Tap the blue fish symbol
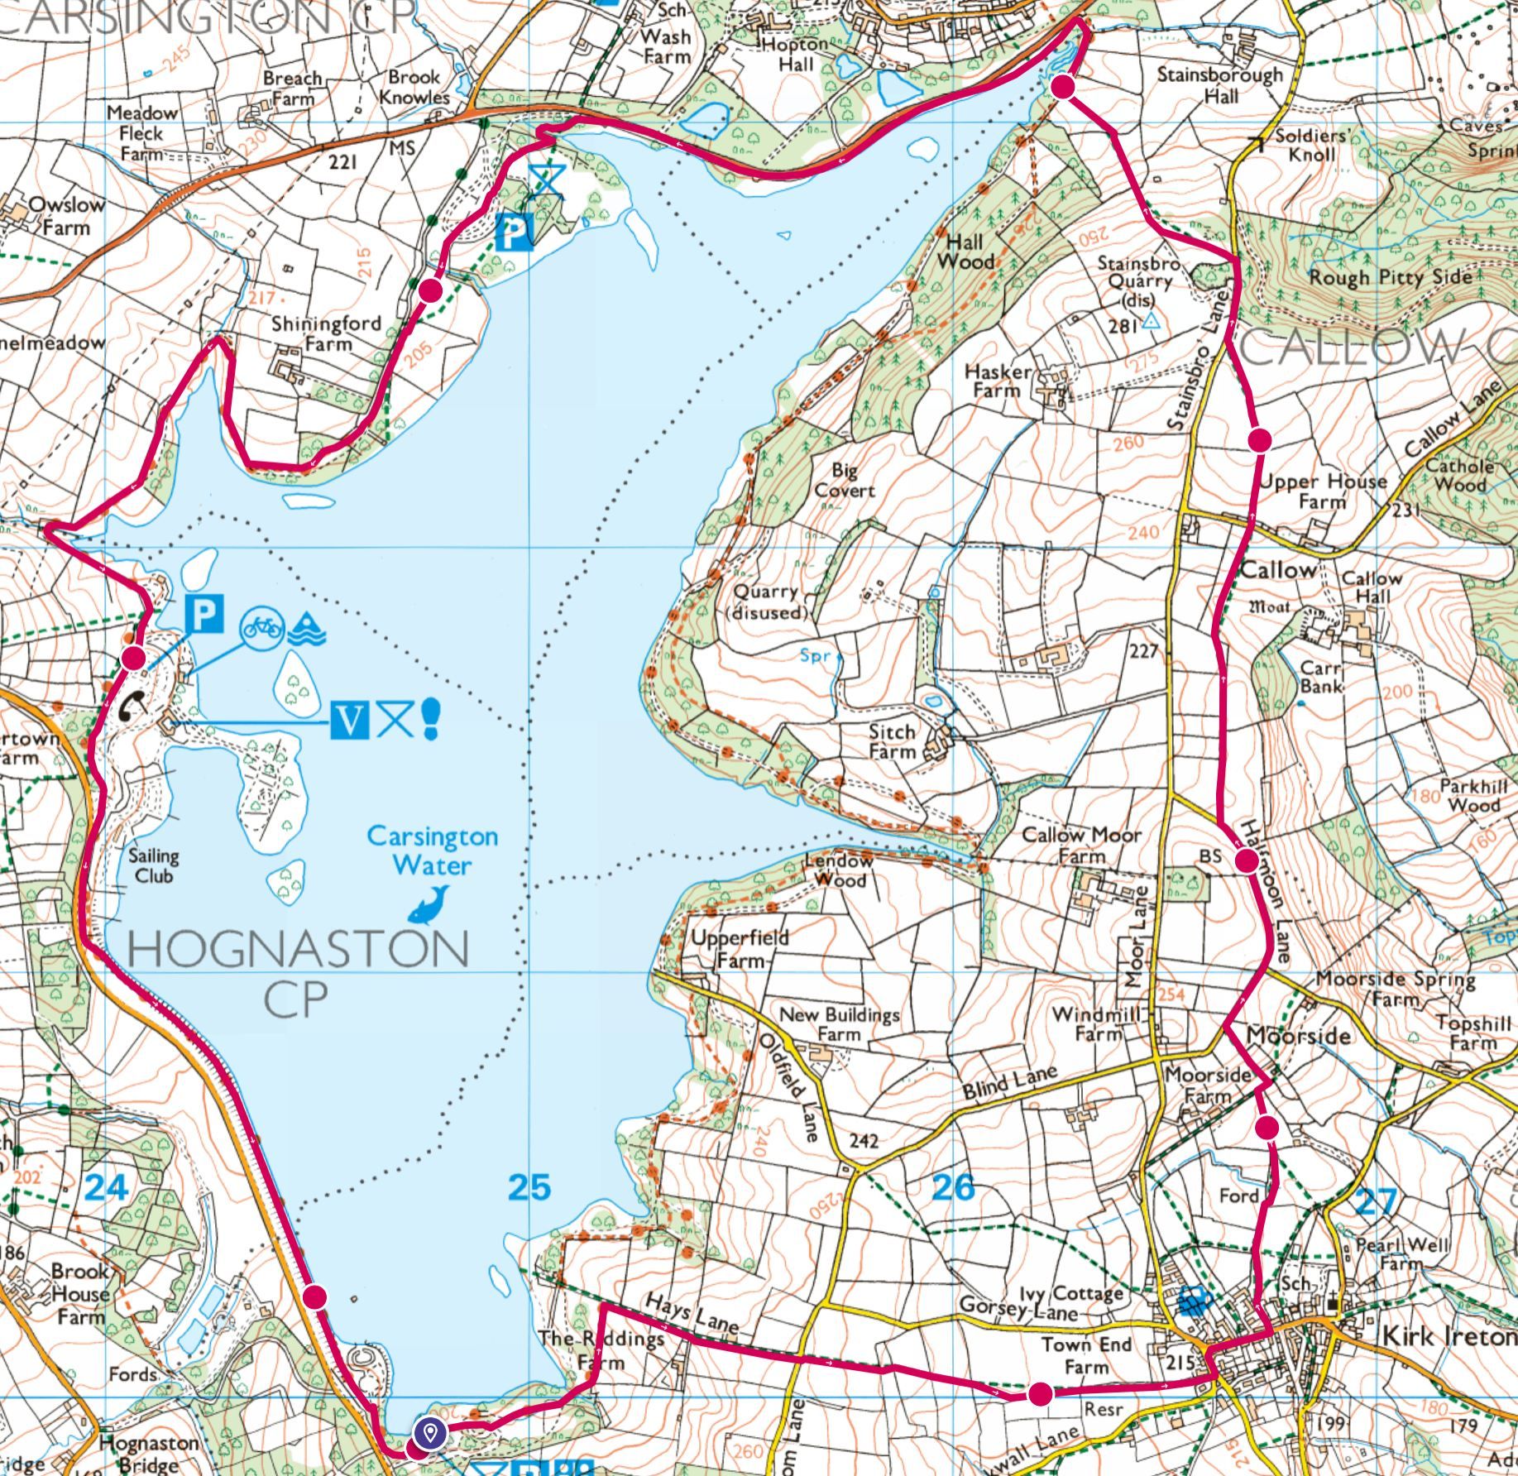click(429, 903)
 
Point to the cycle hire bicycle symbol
click(262, 628)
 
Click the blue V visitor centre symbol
click(349, 721)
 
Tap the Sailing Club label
click(153, 865)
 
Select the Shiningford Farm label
click(326, 333)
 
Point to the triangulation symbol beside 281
click(1150, 323)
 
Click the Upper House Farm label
click(1324, 491)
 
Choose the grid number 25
click(529, 1187)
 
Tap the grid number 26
click(954, 1187)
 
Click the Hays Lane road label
click(691, 1312)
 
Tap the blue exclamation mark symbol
click(430, 718)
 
